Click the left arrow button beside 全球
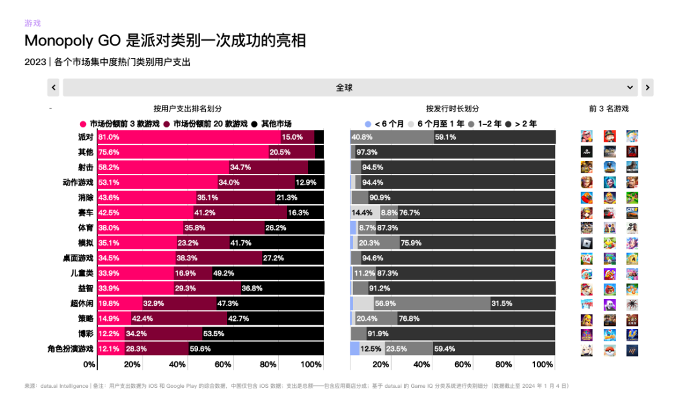(54, 88)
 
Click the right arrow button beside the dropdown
(647, 88)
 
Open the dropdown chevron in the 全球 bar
(630, 88)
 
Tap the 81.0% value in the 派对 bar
(109, 137)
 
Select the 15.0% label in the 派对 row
(292, 137)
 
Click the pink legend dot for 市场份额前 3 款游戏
(83, 124)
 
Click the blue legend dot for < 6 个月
(368, 124)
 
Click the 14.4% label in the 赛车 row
(362, 213)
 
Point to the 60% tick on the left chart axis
(223, 365)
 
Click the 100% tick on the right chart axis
(543, 365)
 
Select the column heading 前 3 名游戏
(608, 109)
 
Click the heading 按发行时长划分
(452, 109)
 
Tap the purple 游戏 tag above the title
(32, 23)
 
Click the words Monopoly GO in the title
(72, 41)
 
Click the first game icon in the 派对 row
(586, 137)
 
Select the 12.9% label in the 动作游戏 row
(307, 182)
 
